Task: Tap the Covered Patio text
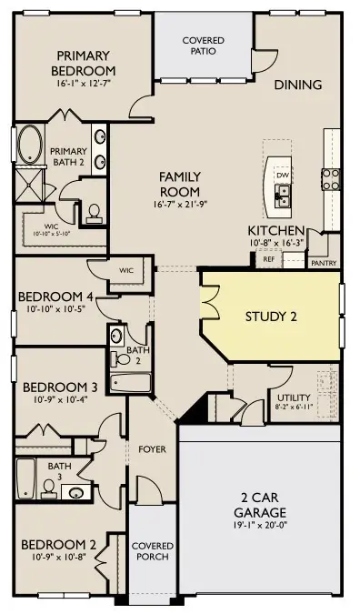click(x=203, y=48)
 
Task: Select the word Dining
click(x=298, y=86)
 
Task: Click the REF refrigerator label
click(x=268, y=259)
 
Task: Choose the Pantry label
click(x=323, y=263)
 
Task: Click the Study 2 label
click(x=272, y=317)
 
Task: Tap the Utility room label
click(x=293, y=398)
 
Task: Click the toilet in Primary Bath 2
click(x=94, y=213)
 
